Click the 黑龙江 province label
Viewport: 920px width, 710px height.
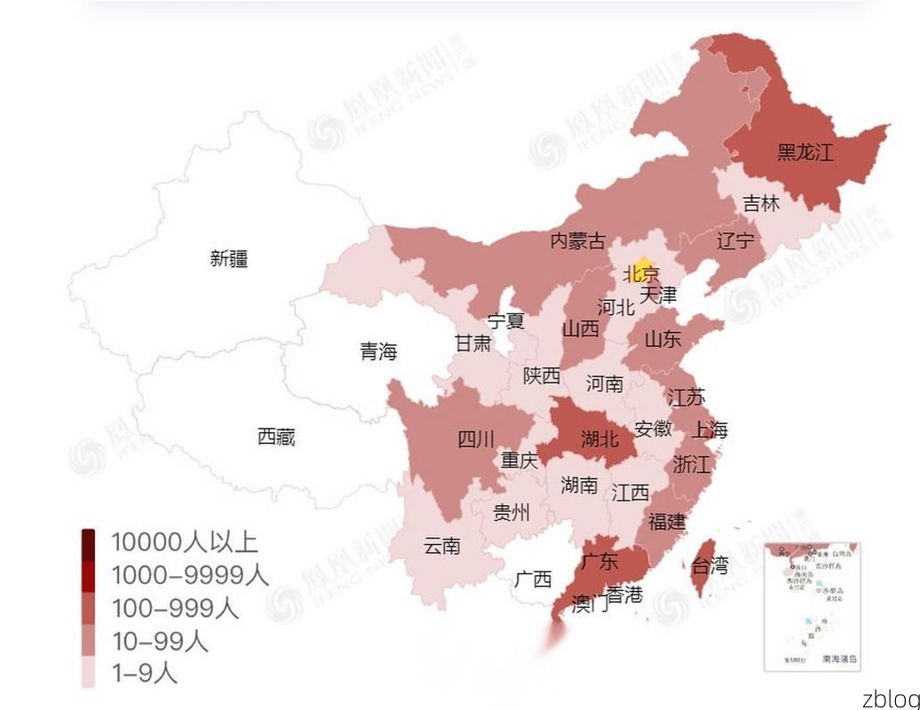805,152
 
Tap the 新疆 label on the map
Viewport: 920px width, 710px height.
229,258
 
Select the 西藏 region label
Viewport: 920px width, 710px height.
276,437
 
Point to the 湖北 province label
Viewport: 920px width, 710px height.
599,438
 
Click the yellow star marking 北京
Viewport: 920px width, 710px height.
645,269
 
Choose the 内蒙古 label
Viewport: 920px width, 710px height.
577,241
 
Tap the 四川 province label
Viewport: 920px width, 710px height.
476,438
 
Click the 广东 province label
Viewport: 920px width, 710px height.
599,561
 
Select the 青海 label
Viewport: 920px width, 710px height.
378,351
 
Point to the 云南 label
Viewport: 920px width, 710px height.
442,546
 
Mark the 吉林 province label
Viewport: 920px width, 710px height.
761,203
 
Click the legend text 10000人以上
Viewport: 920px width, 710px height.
184,541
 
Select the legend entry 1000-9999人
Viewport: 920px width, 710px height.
189,575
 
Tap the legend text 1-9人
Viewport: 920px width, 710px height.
144,674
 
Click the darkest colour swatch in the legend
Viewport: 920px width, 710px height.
89,541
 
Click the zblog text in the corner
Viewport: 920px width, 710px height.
890,698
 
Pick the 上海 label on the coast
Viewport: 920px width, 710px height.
709,430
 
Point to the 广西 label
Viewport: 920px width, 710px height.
533,580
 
